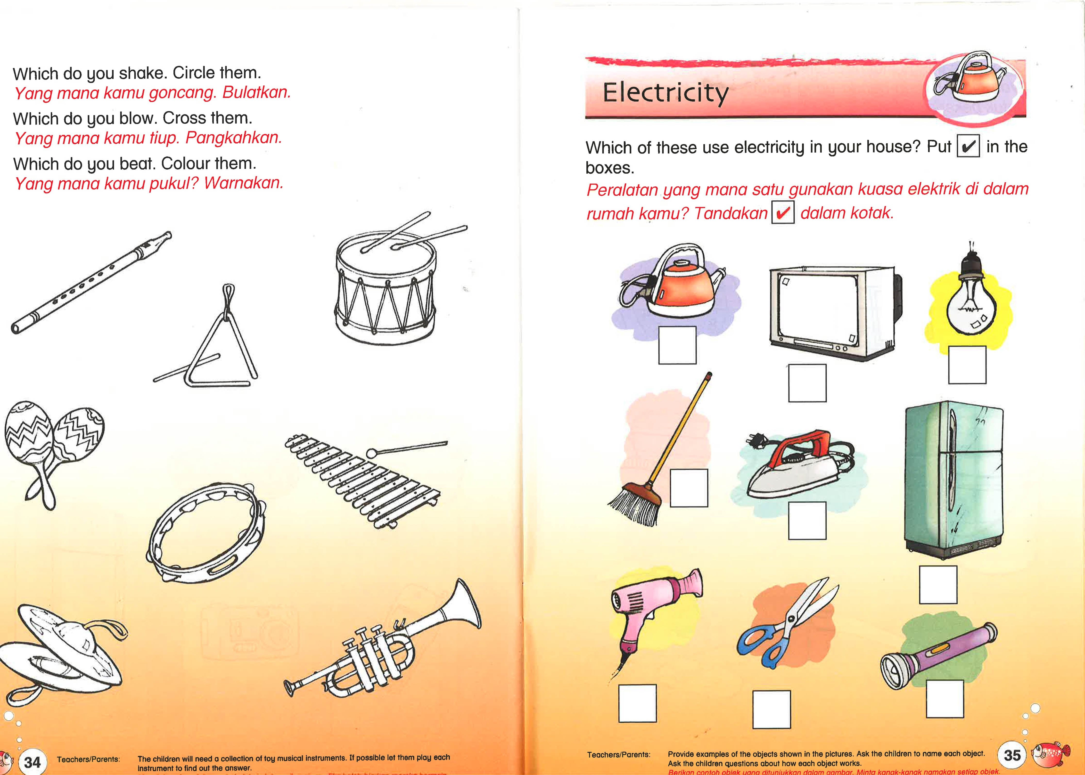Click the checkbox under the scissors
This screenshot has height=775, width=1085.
point(771,709)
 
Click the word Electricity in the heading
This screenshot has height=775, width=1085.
point(665,93)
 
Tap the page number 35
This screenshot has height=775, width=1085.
point(1012,755)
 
